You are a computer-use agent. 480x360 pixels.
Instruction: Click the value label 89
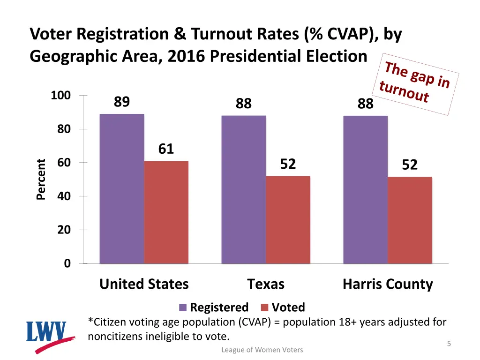tap(122, 102)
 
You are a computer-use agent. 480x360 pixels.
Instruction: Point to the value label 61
tap(166, 149)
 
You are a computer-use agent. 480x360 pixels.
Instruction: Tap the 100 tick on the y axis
tap(61, 96)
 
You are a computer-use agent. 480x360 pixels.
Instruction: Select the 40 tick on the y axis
tap(64, 196)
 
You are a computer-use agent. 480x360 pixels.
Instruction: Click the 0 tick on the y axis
tap(67, 263)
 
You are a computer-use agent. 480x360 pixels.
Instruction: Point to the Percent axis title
tap(41, 180)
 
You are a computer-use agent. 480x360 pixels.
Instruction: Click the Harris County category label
tap(388, 284)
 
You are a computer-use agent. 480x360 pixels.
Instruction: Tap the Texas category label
tap(266, 284)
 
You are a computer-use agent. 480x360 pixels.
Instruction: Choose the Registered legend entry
tap(214, 307)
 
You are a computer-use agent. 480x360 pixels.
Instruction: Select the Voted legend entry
tap(283, 307)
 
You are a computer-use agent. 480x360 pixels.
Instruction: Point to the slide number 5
tap(449, 344)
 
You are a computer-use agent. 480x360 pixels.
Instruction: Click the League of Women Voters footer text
tap(262, 350)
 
